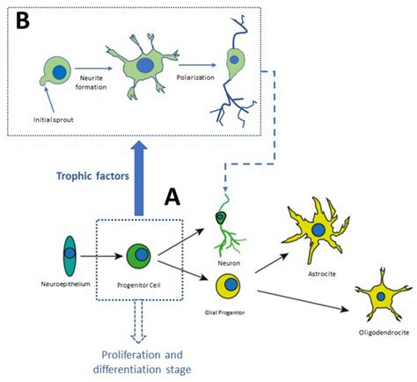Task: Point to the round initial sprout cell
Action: (x=55, y=74)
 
